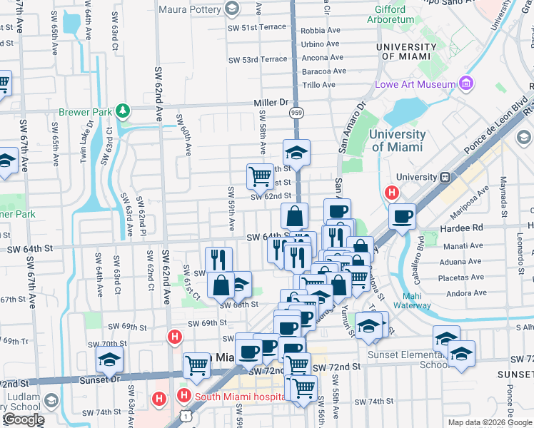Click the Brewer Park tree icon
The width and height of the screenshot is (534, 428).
pos(124,111)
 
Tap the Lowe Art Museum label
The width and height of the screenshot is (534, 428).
pos(415,84)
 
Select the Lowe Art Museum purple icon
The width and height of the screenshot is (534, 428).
pos(466,84)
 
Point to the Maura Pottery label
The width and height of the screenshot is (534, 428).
pos(189,9)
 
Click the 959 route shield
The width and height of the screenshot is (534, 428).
pos(295,113)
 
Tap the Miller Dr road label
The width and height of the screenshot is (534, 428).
pos(270,103)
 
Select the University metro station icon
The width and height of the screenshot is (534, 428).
pos(445,177)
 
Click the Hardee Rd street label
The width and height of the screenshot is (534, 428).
pos(463,227)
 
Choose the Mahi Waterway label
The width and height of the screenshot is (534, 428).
pos(413,301)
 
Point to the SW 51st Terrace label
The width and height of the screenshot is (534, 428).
pos(257,27)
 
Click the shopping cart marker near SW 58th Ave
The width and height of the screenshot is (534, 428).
pos(259,175)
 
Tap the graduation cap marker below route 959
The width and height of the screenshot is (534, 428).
pos(296,152)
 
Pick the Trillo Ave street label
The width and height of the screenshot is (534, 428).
pos(319,84)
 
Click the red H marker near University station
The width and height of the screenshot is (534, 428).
pos(391,192)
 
